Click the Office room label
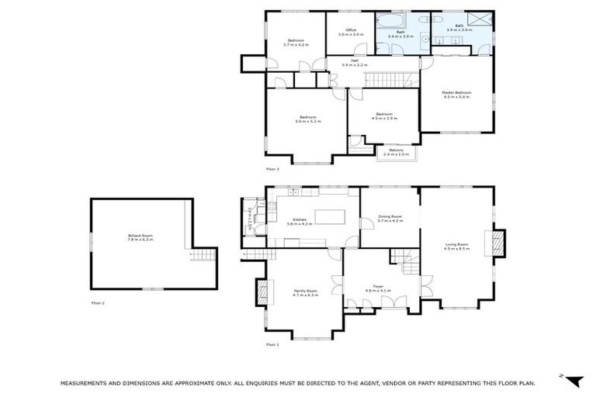pyautogui.click(x=351, y=30)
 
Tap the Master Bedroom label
pyautogui.click(x=456, y=93)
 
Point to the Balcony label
pyautogui.click(x=397, y=150)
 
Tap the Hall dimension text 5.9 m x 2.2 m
pyautogui.click(x=354, y=65)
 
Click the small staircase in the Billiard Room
pyautogui.click(x=201, y=255)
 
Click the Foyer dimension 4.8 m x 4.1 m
pyautogui.click(x=378, y=291)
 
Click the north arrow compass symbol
pyautogui.click(x=572, y=380)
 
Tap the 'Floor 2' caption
pyautogui.click(x=98, y=302)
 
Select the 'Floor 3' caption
pyautogui.click(x=272, y=168)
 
